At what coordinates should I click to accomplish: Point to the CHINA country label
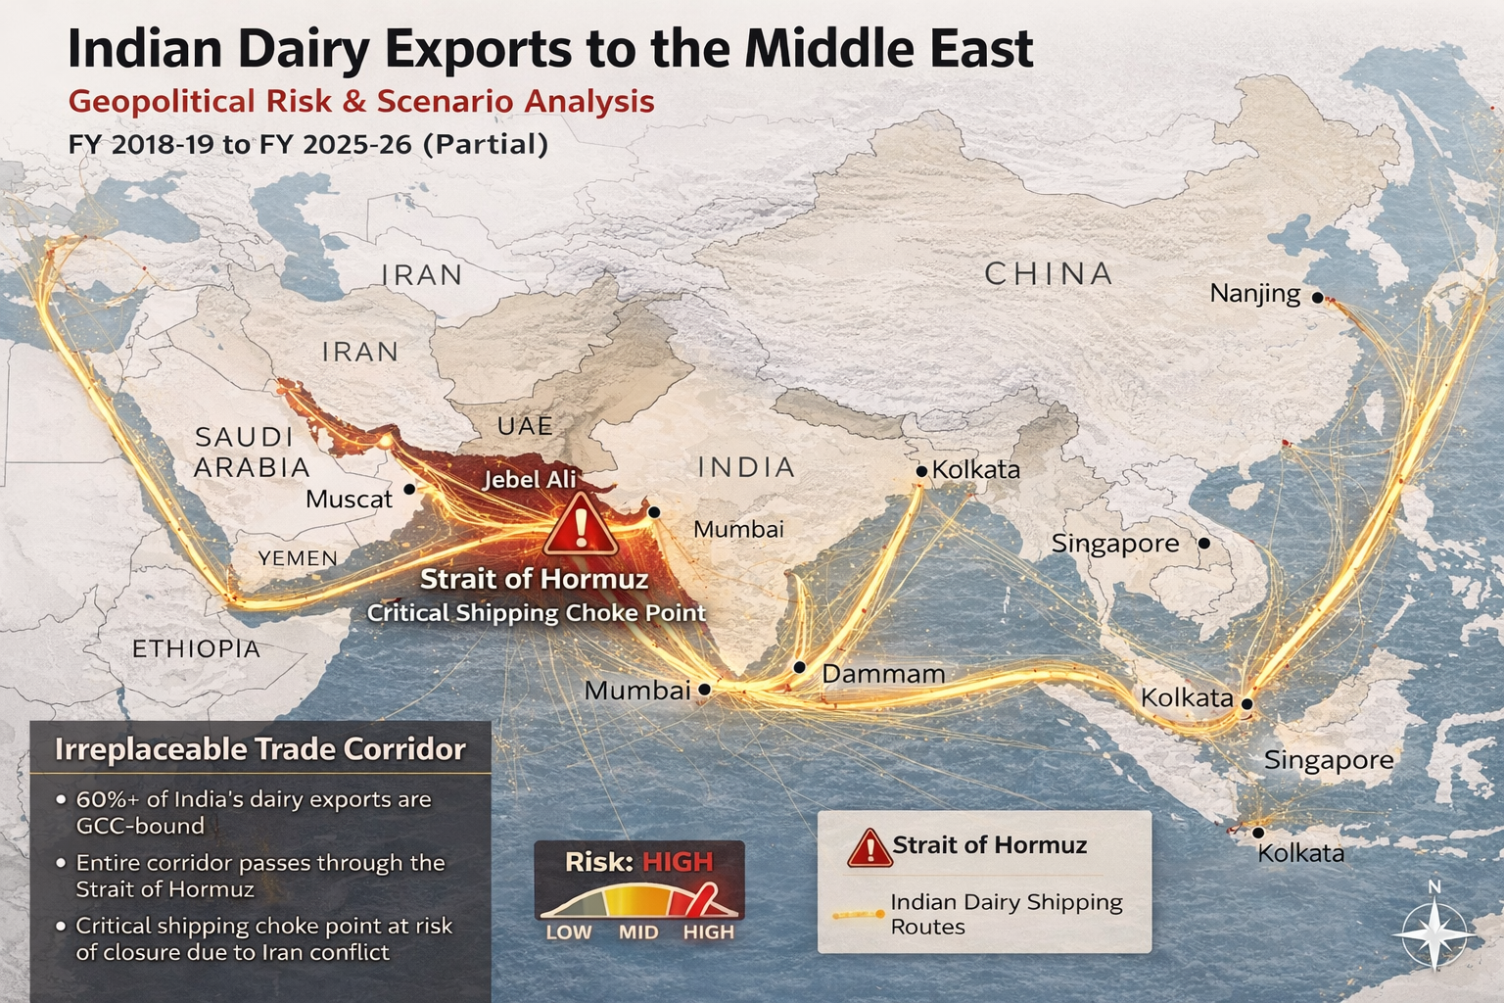[1048, 273]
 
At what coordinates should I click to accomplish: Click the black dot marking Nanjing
[1318, 297]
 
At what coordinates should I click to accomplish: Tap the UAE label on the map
[525, 426]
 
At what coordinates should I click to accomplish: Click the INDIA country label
[746, 467]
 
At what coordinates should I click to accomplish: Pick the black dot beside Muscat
[409, 488]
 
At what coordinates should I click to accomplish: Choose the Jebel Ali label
[530, 479]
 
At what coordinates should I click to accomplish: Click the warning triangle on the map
[580, 526]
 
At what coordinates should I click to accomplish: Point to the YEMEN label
[298, 558]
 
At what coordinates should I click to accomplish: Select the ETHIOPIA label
[196, 648]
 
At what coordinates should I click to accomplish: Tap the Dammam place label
[882, 674]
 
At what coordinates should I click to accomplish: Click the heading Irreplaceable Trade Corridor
[259, 749]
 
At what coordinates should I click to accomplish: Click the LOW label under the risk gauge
[568, 931]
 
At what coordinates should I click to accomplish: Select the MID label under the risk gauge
[638, 931]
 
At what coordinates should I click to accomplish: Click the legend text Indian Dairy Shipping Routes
[1006, 914]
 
